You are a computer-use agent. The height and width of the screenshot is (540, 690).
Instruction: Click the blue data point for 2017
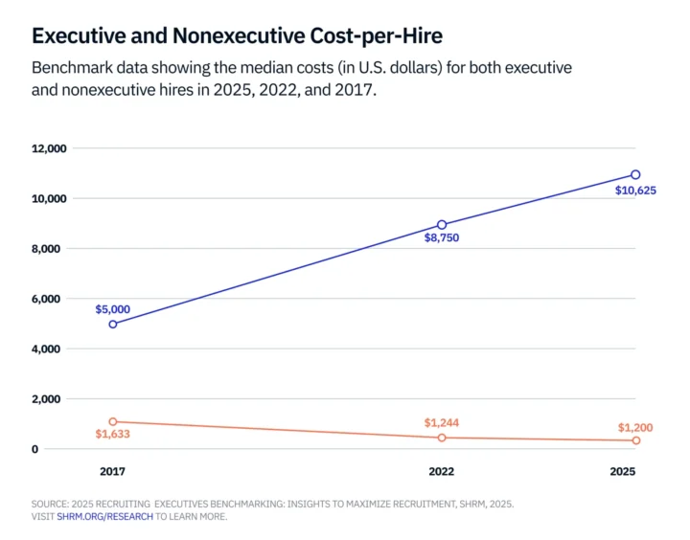click(x=113, y=324)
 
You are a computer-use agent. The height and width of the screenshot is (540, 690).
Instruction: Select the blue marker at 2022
click(x=442, y=225)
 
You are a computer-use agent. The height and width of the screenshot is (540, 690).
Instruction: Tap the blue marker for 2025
click(x=635, y=175)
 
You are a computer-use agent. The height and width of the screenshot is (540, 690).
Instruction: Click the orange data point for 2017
click(x=113, y=421)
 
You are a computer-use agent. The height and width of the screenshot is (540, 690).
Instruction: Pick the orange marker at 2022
click(x=442, y=438)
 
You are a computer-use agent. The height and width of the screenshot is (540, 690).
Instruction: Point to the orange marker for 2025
click(x=635, y=440)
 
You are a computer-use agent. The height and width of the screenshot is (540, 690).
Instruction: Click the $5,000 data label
click(x=113, y=309)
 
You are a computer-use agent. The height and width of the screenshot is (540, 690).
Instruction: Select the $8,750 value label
click(x=442, y=237)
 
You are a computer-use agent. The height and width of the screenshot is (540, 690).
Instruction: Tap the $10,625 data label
click(x=634, y=190)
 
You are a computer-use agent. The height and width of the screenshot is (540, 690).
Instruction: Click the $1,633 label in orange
click(x=113, y=435)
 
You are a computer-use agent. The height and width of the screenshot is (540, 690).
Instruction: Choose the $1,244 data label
click(x=442, y=423)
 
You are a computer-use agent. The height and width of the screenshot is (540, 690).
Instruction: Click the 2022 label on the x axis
click(x=442, y=472)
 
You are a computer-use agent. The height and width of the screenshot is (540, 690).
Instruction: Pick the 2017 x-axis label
click(x=113, y=472)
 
